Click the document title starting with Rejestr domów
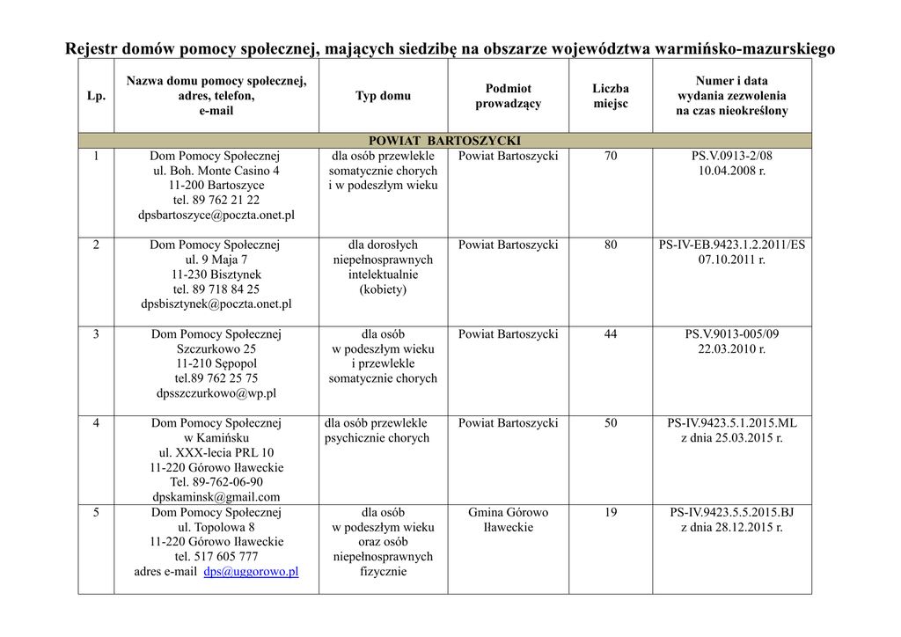click(x=450, y=48)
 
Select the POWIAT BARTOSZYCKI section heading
click(x=444, y=141)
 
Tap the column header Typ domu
click(x=383, y=96)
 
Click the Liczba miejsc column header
click(x=611, y=96)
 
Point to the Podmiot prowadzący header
click(x=508, y=96)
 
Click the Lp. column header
click(x=96, y=96)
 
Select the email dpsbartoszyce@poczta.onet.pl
click(x=216, y=215)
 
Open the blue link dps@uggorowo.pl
click(x=251, y=571)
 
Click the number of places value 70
click(x=611, y=156)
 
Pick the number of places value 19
click(x=611, y=512)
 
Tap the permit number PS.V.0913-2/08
click(x=731, y=156)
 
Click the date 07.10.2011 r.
click(x=731, y=260)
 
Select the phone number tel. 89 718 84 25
click(x=216, y=289)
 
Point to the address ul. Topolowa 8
click(x=216, y=527)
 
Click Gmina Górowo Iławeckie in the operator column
click(x=508, y=519)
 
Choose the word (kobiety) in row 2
click(x=383, y=289)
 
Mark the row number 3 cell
click(x=96, y=334)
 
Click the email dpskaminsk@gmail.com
click(x=216, y=497)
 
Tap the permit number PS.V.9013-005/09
click(x=731, y=334)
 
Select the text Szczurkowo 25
click(x=216, y=348)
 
